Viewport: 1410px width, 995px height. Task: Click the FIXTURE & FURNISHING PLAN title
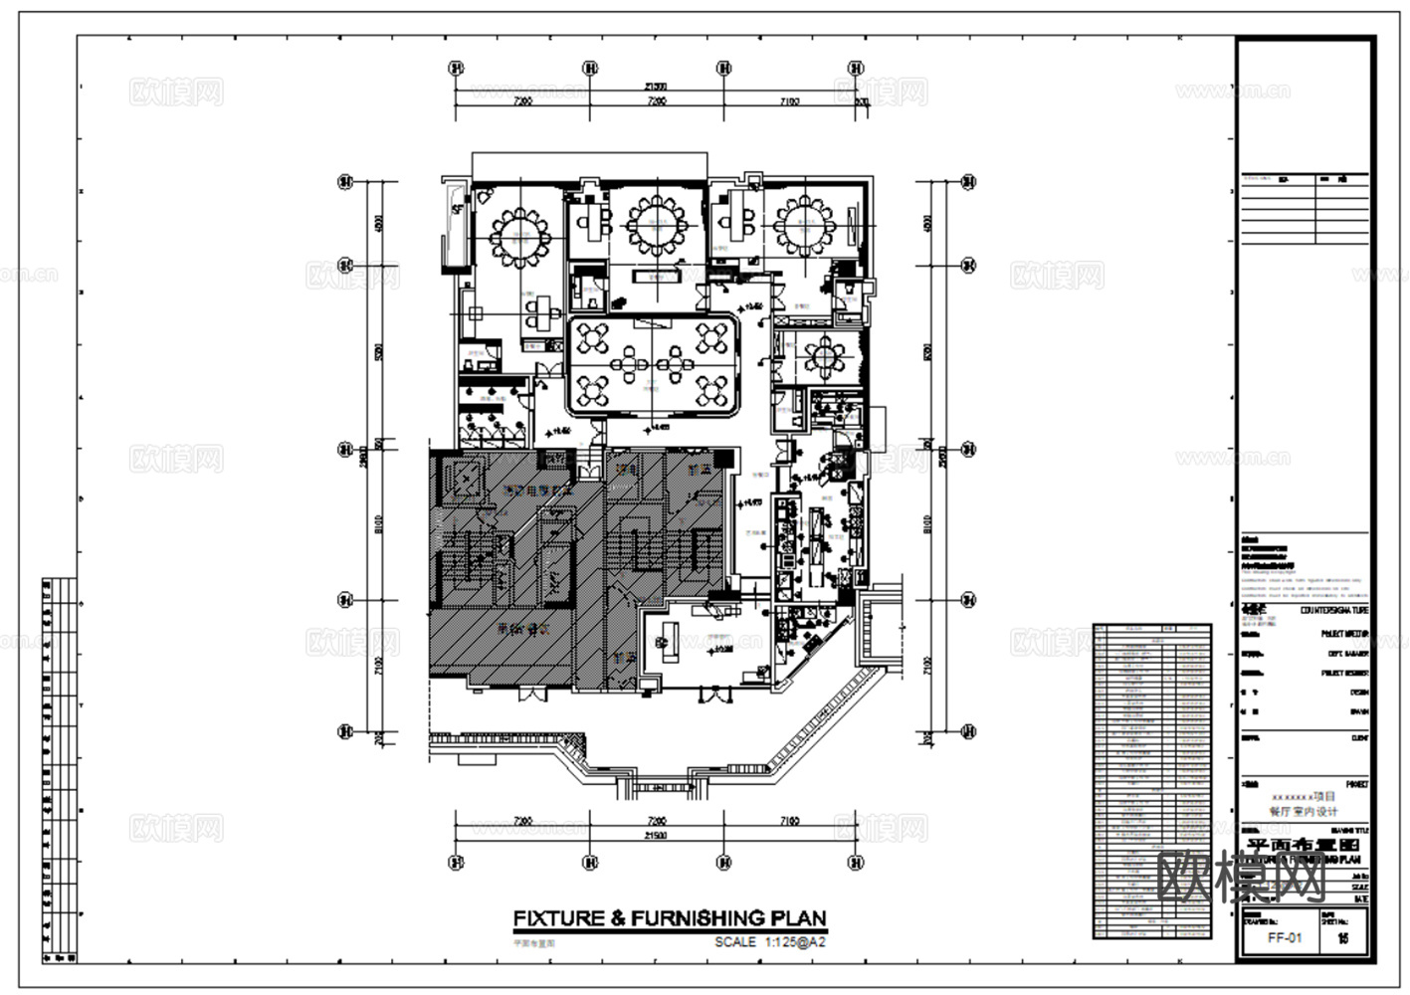[x=669, y=918]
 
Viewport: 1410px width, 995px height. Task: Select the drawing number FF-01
[x=1284, y=938]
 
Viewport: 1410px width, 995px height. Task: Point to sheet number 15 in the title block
[x=1342, y=938]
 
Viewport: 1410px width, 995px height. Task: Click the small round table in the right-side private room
[x=825, y=355]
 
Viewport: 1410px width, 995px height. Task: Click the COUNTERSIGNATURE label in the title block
[x=1333, y=610]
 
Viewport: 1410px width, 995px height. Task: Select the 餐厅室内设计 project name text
[x=1303, y=811]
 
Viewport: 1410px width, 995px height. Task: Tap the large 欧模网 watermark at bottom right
[x=1244, y=877]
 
